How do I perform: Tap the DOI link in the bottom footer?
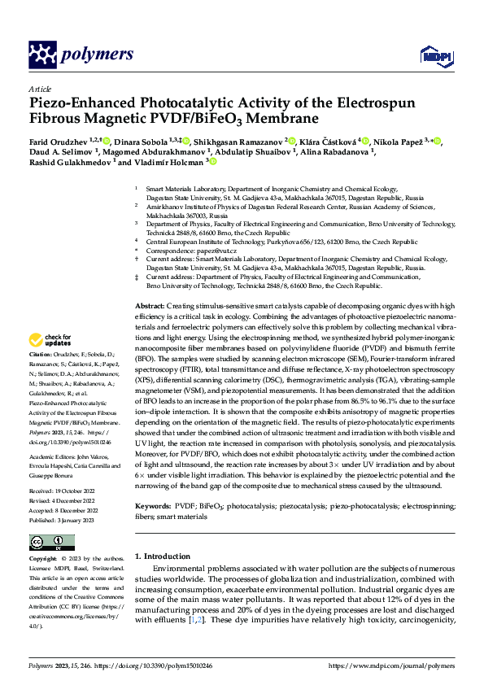click(155, 665)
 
